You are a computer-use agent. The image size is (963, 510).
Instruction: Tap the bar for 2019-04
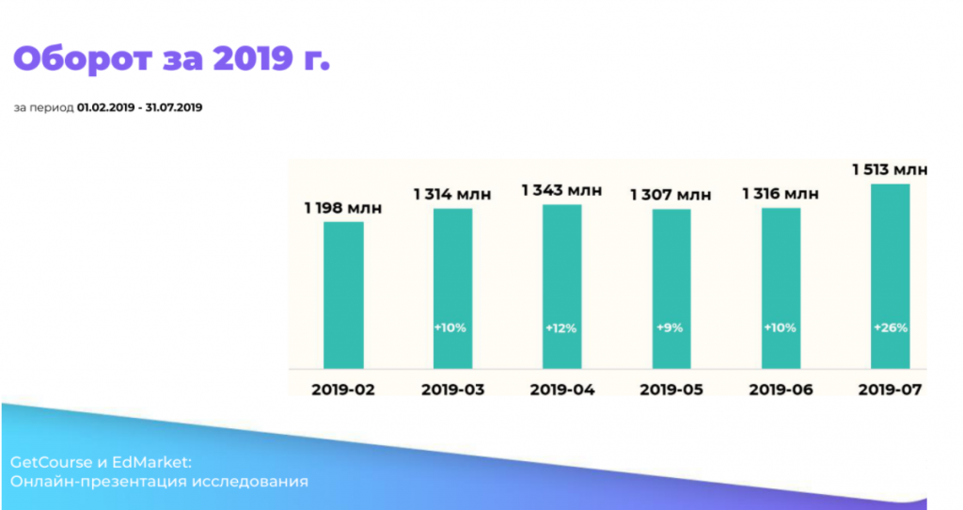pos(562,286)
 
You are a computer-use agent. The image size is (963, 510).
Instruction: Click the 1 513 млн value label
pos(890,170)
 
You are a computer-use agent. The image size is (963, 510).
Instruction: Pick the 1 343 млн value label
pos(561,191)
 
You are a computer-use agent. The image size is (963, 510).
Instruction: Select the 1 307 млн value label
pos(671,195)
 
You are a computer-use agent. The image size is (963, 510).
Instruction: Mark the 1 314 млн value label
pos(452,194)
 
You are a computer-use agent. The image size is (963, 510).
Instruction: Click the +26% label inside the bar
pos(890,328)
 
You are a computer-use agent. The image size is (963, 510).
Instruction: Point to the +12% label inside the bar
pos(561,328)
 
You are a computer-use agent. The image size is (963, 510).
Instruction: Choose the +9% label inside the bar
pos(671,328)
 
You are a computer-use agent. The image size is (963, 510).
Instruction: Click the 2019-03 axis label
pos(452,389)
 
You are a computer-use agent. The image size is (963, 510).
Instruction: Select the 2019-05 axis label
pos(671,389)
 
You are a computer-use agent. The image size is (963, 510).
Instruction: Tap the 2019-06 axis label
pos(781,389)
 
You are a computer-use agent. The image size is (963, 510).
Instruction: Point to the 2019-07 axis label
pos(890,389)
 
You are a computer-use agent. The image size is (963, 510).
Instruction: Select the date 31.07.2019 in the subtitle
pos(174,107)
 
